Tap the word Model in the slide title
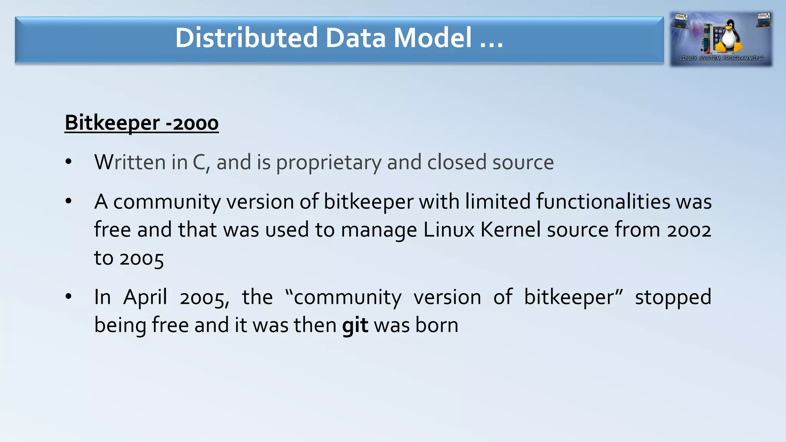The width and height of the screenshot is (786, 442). click(433, 38)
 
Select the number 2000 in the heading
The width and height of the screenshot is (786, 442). click(196, 124)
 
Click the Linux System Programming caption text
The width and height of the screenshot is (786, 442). click(721, 58)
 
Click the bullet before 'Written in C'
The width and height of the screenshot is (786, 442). click(68, 162)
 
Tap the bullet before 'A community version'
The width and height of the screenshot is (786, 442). click(68, 201)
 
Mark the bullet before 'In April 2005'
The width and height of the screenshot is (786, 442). click(68, 296)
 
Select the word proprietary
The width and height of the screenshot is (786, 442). click(329, 163)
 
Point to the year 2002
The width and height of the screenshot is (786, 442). click(689, 230)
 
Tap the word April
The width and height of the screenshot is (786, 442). click(145, 297)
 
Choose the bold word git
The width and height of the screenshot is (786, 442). click(355, 325)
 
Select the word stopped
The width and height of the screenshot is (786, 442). click(673, 297)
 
